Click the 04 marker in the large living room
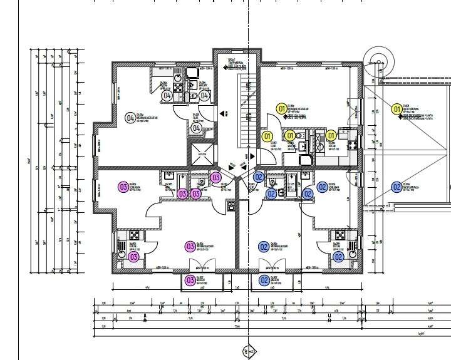[130, 117]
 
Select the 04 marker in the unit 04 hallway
[196, 128]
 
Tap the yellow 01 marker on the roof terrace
[396, 110]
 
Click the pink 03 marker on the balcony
[190, 280]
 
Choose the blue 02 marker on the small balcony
[264, 280]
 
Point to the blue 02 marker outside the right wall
[396, 187]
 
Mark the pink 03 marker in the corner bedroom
[123, 187]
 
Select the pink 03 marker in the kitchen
[133, 257]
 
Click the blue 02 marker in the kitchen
[338, 257]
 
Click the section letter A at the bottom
[250, 354]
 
